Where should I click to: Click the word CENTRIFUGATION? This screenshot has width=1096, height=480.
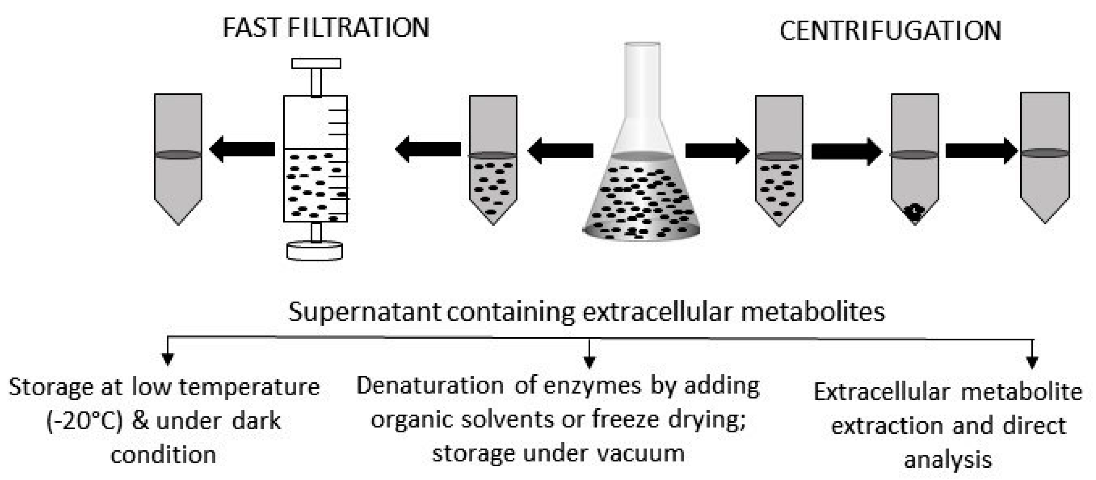pos(890,31)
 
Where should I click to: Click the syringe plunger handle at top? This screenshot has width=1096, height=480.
pos(316,64)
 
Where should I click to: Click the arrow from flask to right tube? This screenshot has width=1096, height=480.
pos(717,150)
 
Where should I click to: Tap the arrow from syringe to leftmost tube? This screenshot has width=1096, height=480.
pos(242,149)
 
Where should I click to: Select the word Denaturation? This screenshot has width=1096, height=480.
pos(430,386)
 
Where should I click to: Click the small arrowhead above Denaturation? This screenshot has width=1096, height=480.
pos(589,362)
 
